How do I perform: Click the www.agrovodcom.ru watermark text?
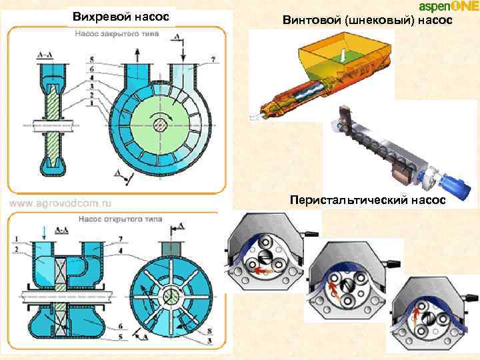point(60,201)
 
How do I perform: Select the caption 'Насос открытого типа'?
point(111,217)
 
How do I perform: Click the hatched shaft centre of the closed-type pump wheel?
point(161,123)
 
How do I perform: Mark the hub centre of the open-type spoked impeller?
point(172,293)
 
